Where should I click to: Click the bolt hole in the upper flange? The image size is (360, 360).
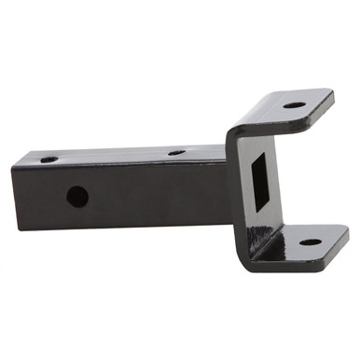point(294,104)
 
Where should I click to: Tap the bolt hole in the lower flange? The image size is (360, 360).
point(310,242)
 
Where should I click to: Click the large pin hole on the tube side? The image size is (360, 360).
point(77,197)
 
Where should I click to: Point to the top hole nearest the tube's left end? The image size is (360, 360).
point(49,159)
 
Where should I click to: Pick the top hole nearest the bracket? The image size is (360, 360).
point(176,151)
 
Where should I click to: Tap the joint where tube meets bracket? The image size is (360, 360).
point(228,187)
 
